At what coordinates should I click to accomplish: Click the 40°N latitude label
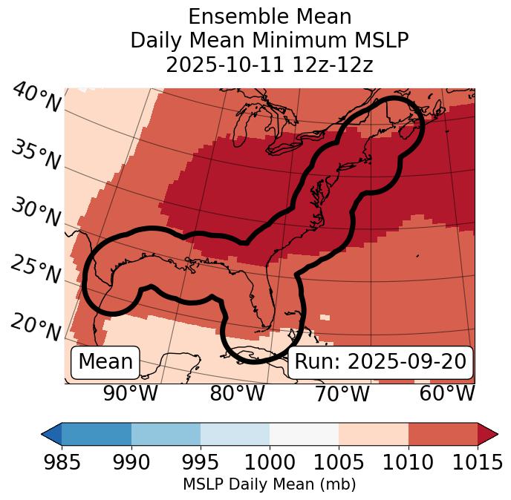point(36,98)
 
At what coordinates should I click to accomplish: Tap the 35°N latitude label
point(36,154)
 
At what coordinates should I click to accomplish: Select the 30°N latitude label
point(36,213)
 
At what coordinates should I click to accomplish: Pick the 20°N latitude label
point(36,326)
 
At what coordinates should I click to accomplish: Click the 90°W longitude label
point(131,394)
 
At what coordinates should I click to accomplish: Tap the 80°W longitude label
point(238,394)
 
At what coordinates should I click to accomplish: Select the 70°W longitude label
point(342,394)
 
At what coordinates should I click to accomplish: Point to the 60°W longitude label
point(447,394)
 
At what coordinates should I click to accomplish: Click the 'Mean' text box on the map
point(105,362)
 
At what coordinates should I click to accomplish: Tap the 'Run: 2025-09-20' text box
point(380,362)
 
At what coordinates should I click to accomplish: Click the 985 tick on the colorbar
point(62,463)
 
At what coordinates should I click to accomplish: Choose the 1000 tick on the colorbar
point(270,463)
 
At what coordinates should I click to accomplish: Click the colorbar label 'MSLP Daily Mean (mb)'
point(270,485)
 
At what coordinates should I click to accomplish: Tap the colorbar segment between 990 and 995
point(166,434)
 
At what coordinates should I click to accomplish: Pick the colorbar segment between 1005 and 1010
point(374,434)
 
